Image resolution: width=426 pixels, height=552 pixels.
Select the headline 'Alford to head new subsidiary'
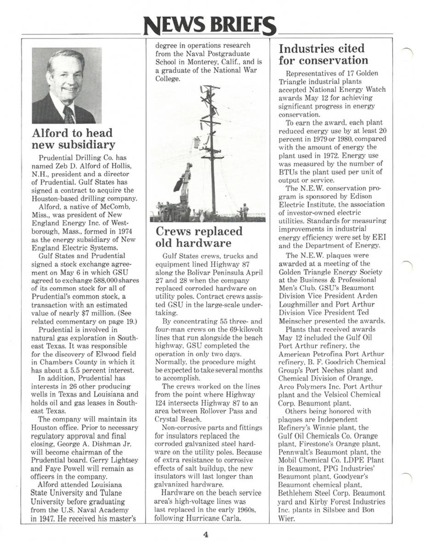click(74, 139)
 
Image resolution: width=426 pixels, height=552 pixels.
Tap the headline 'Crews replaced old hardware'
click(199, 237)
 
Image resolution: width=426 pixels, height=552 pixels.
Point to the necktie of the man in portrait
click(68, 115)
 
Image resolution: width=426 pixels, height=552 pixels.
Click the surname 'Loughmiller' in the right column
click(300, 305)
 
